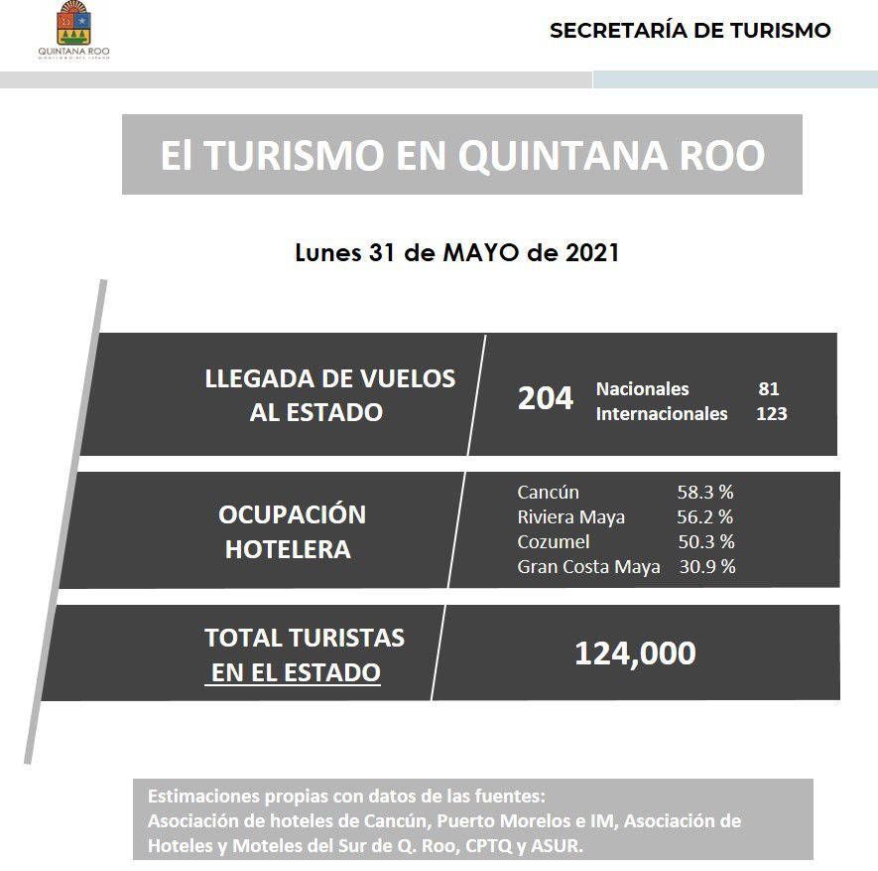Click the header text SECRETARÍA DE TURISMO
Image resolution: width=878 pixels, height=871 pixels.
690,31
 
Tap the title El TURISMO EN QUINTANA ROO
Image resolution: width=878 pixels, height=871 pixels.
462,156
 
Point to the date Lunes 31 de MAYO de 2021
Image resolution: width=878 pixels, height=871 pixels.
457,252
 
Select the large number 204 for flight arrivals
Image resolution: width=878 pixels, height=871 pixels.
546,398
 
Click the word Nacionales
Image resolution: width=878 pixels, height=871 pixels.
642,389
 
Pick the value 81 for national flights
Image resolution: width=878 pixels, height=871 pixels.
768,389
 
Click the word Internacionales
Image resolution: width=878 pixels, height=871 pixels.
661,414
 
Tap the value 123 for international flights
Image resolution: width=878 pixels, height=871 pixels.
771,414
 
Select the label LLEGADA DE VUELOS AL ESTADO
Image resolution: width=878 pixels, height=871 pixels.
329,394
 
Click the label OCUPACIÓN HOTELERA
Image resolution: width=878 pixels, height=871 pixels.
292,531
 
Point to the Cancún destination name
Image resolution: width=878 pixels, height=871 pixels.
548,493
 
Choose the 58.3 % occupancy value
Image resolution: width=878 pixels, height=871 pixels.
704,493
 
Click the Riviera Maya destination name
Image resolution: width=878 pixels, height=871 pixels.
570,517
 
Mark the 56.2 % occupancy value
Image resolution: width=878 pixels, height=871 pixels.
704,517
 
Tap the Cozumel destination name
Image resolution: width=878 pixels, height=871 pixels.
554,542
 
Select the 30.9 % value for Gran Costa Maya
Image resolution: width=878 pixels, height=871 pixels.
707,567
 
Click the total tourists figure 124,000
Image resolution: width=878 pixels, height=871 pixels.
635,653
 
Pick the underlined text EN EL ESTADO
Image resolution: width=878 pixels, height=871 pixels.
296,672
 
